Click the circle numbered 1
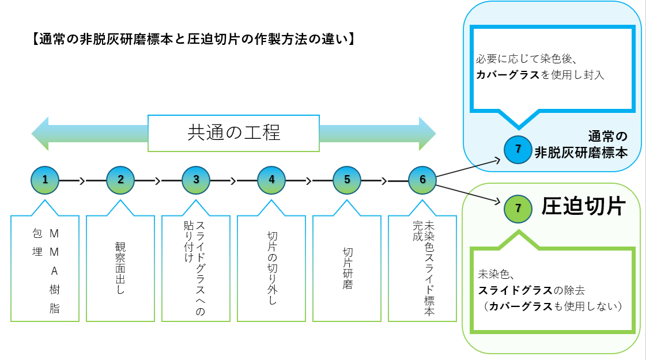point(45,179)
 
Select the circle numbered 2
point(120,179)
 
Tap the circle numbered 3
point(196,179)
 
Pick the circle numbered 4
point(271,179)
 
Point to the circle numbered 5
point(347,179)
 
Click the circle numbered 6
point(422,179)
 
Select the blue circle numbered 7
point(518,149)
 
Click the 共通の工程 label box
point(233,133)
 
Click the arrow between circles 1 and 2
point(82,180)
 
